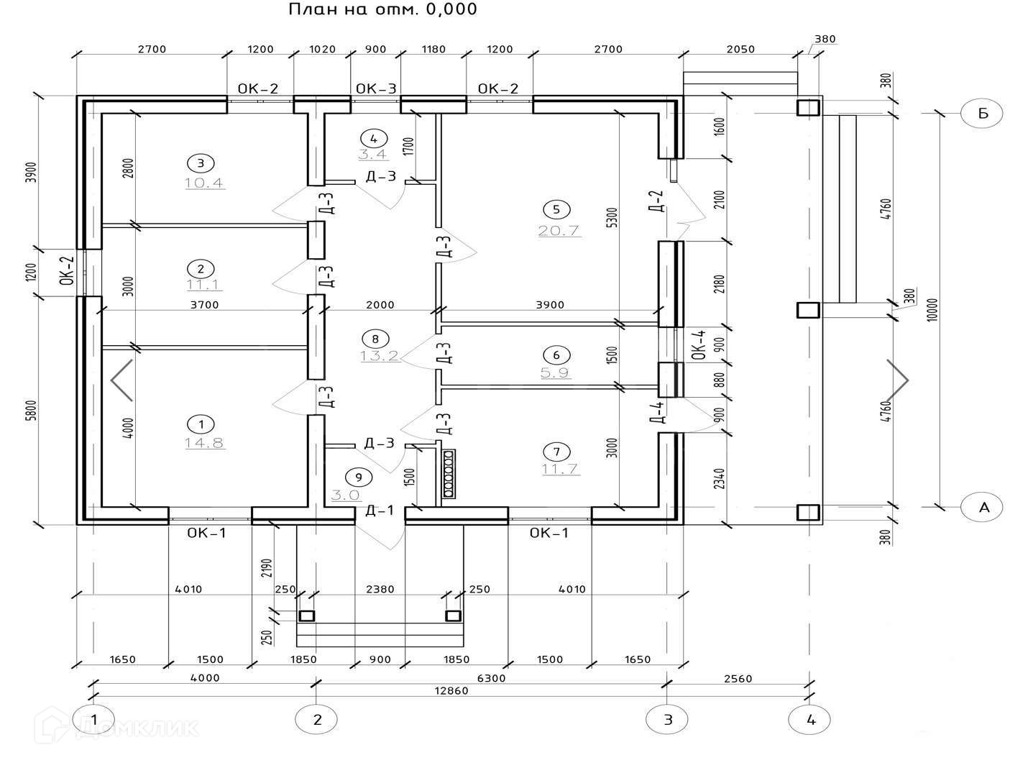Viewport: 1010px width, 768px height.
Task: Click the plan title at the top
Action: [x=382, y=9]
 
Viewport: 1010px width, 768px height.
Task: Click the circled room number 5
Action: [x=556, y=209]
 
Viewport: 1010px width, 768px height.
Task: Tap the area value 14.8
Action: [x=204, y=443]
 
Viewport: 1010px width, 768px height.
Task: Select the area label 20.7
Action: [x=559, y=231]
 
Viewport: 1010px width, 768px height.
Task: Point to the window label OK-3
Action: [x=376, y=88]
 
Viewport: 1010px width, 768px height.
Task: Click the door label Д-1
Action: [x=380, y=510]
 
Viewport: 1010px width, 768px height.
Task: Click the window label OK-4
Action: [x=699, y=345]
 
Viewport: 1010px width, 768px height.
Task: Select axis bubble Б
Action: [x=981, y=113]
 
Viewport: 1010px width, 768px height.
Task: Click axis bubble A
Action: [x=981, y=507]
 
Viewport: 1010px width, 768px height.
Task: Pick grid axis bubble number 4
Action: [x=809, y=719]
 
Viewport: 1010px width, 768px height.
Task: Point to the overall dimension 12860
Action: [x=451, y=690]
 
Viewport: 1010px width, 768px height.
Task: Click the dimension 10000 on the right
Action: [x=932, y=309]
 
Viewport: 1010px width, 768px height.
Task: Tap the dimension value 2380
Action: [x=380, y=589]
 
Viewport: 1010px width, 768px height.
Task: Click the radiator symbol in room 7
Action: [x=449, y=473]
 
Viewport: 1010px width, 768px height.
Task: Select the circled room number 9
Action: [x=359, y=477]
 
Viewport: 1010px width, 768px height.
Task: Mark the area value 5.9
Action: [x=556, y=372]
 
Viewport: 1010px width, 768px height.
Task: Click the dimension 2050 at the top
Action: [x=740, y=49]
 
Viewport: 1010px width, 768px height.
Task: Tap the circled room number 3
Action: [x=201, y=163]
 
